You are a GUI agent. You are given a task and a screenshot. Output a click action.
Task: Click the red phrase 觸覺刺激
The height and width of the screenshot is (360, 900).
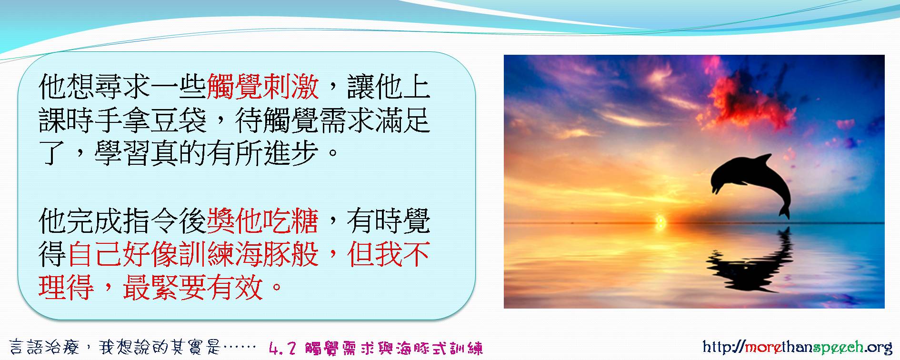262,87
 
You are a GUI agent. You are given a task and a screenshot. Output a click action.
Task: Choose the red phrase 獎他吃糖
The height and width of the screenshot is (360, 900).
262,221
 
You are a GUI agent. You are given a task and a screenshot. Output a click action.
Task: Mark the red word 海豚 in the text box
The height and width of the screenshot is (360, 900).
262,254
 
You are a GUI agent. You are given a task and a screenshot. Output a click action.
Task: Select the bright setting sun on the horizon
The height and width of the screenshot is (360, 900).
660,220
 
